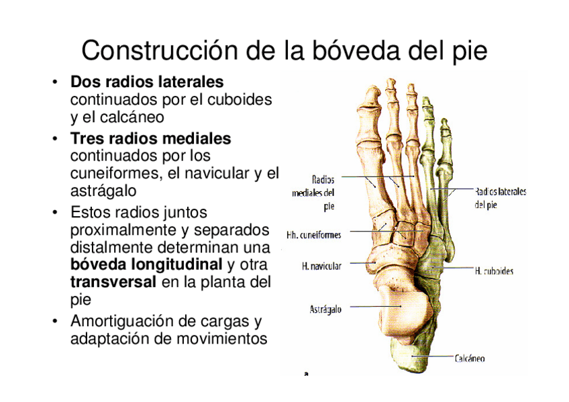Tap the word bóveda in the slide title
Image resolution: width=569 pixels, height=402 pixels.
click(x=366, y=50)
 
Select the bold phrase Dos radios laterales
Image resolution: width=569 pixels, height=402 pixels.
click(x=147, y=83)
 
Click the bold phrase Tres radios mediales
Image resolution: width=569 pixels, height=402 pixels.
click(x=150, y=139)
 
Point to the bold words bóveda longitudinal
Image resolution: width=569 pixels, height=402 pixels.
click(x=146, y=264)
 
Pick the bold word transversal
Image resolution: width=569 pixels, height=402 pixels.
click(x=113, y=281)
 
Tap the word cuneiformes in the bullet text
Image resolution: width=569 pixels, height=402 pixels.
click(x=109, y=173)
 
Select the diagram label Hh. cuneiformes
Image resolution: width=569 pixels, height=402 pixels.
click(x=313, y=235)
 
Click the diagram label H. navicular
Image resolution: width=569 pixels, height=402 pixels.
click(x=321, y=266)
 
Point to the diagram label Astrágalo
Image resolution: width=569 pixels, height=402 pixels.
click(x=325, y=309)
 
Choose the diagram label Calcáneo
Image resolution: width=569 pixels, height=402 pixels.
click(x=470, y=358)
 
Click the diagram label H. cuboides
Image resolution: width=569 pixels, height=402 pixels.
click(x=494, y=271)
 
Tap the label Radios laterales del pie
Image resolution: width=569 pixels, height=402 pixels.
click(x=500, y=198)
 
